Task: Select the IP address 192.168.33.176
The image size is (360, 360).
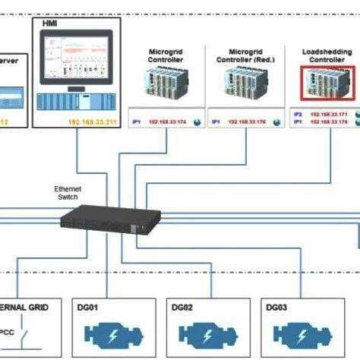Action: [x=248, y=122]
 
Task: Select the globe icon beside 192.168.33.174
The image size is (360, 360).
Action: [x=197, y=122]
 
